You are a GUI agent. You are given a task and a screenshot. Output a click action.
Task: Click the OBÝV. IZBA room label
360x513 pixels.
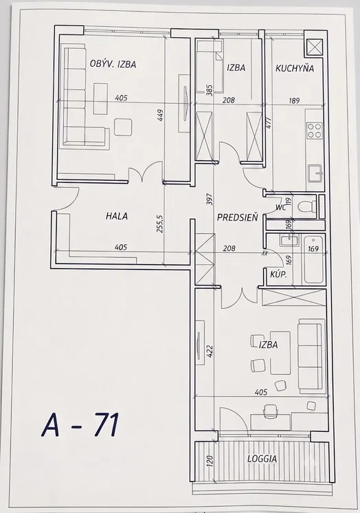(113, 64)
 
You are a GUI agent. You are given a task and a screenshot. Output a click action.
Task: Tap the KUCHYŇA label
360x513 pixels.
(295, 68)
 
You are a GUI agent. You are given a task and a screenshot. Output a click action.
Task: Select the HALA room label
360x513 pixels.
(117, 216)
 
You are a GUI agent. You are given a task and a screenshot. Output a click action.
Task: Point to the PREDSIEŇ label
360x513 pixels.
(238, 217)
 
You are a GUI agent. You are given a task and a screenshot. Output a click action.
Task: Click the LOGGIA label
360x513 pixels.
(262, 459)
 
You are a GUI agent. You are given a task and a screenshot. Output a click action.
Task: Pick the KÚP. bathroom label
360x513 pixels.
(278, 274)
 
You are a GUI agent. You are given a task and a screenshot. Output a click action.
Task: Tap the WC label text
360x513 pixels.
(281, 207)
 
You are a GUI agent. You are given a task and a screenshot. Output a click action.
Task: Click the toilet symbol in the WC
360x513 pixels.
(306, 206)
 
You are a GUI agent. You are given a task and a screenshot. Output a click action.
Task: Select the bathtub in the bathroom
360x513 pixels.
(313, 260)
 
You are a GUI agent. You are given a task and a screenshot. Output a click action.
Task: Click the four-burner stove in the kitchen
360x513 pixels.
(315, 130)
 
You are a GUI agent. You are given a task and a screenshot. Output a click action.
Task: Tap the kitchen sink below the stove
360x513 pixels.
(315, 173)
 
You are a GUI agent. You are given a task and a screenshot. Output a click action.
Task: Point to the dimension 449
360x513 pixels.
(160, 116)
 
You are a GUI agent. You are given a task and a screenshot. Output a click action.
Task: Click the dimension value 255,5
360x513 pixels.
(159, 223)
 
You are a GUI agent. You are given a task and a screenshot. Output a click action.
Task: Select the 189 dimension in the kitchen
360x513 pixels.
(294, 101)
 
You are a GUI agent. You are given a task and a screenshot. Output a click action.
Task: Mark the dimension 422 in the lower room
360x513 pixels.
(210, 351)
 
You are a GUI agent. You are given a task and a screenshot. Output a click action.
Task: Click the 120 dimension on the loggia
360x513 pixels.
(210, 461)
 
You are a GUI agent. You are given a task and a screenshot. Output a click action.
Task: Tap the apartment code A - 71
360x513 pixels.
(80, 425)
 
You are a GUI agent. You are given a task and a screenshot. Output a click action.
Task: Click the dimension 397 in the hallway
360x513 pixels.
(210, 199)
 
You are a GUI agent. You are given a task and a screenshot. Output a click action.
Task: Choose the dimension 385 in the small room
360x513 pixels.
(210, 90)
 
